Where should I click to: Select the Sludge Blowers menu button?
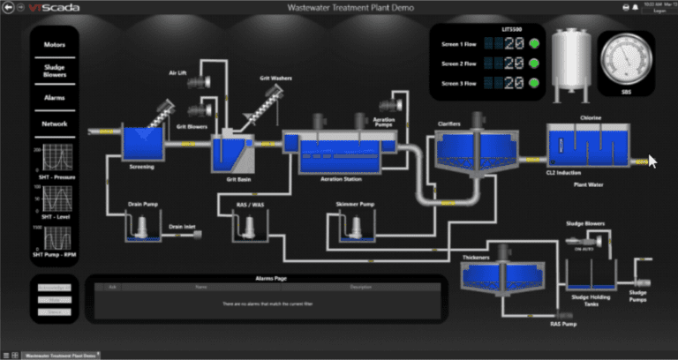(x=55, y=70)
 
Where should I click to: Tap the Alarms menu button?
(x=55, y=97)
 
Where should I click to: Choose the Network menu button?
(x=55, y=124)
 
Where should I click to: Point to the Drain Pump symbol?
(x=141, y=228)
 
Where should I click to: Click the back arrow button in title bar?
(x=9, y=6)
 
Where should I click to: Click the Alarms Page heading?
(x=263, y=279)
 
